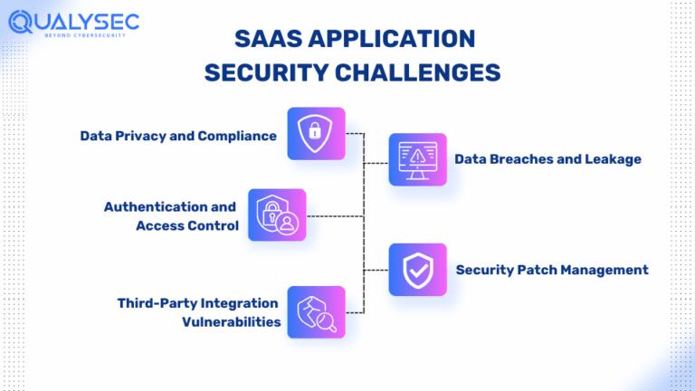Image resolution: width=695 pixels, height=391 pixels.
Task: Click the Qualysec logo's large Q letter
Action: pyautogui.click(x=21, y=21)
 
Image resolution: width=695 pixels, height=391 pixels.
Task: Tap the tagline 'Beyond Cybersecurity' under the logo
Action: pyautogui.click(x=85, y=35)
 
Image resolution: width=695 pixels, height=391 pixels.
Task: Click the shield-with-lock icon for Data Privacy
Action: pyautogui.click(x=316, y=133)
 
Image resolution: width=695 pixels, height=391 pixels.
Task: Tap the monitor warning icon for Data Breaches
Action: pyautogui.click(x=417, y=159)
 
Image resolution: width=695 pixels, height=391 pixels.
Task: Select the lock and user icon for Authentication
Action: pyautogui.click(x=277, y=215)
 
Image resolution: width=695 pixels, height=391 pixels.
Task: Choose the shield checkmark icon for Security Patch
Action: pyautogui.click(x=417, y=269)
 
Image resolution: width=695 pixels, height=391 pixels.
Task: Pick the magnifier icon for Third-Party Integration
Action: pyautogui.click(x=316, y=311)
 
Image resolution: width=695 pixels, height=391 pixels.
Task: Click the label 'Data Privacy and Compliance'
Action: pyautogui.click(x=178, y=136)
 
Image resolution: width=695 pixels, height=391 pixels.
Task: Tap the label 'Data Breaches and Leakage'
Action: pyautogui.click(x=547, y=159)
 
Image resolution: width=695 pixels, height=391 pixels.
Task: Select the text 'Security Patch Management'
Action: pyautogui.click(x=552, y=270)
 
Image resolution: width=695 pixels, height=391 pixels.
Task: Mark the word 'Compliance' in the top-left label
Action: pyautogui.click(x=240, y=136)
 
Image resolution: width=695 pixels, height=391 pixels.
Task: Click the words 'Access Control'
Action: pyautogui.click(x=187, y=225)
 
